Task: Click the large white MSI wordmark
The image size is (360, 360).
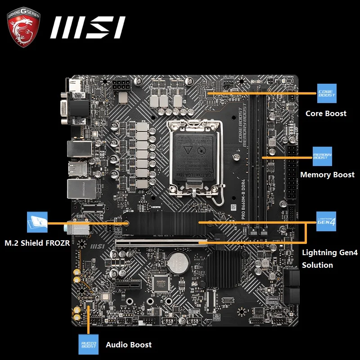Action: pos(87,28)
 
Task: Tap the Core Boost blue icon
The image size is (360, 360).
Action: pos(326,93)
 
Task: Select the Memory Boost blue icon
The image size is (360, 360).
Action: pos(322,156)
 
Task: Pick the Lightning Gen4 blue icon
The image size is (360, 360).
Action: pos(326,221)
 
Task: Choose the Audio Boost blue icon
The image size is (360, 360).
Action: pos(88,344)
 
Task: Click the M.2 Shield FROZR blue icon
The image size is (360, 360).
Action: pos(37,222)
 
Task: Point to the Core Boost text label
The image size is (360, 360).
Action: pos(326,113)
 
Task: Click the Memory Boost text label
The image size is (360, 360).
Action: pos(327,175)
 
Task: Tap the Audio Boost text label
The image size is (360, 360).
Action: pos(129,345)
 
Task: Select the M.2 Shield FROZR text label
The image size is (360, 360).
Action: pos(37,243)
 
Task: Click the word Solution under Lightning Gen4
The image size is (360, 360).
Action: pos(317,265)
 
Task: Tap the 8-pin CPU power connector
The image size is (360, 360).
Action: pos(122,85)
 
